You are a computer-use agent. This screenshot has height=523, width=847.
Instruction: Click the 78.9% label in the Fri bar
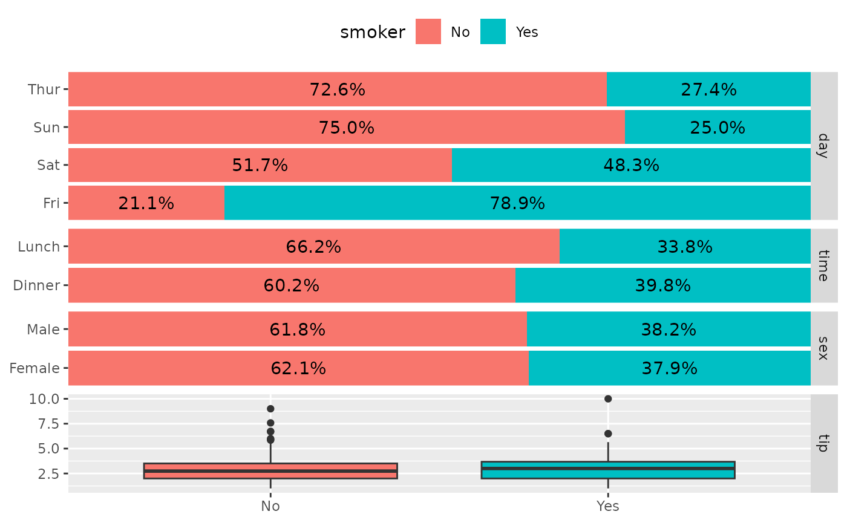[x=517, y=203]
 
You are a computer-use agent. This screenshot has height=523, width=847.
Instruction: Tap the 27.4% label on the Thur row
[x=708, y=89]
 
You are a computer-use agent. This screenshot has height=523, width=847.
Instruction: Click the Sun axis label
[x=47, y=128]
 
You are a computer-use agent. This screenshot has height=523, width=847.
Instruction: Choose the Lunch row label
[x=39, y=247]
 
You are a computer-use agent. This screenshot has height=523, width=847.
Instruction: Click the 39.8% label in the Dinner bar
[x=662, y=285]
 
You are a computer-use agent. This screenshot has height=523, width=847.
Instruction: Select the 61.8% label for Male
[x=297, y=330]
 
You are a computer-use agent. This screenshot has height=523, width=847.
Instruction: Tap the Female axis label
[x=34, y=368]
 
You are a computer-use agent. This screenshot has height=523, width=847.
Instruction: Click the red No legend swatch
[x=428, y=31]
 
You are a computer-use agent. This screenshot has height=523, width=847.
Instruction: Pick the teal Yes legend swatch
[x=493, y=31]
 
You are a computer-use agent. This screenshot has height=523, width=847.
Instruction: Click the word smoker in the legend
[x=373, y=32]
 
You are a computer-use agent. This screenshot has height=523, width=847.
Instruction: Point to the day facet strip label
[x=823, y=146]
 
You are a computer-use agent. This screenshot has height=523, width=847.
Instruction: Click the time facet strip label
[x=823, y=265]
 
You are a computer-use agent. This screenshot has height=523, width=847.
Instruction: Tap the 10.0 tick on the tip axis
[x=44, y=399]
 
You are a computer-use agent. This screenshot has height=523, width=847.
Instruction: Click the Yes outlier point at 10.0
[x=608, y=399]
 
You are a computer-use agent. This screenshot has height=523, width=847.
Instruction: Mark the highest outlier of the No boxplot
[x=270, y=409]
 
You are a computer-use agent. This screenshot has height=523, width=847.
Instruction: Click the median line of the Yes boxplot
[x=608, y=468]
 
